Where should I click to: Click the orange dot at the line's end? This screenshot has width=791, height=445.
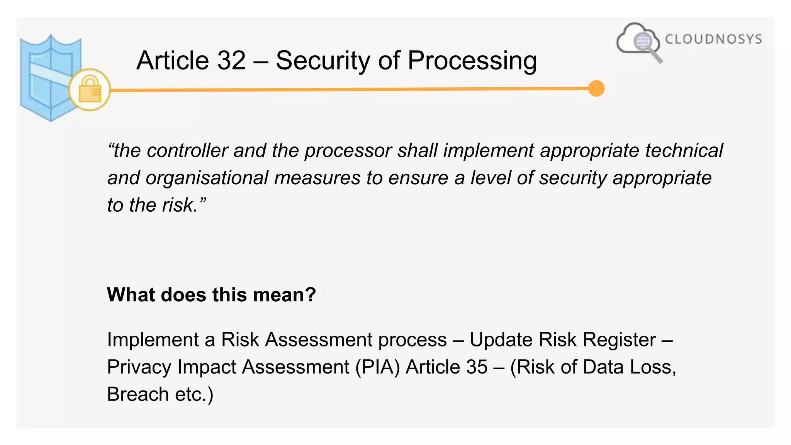(x=596, y=88)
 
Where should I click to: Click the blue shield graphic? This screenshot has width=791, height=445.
(x=46, y=77)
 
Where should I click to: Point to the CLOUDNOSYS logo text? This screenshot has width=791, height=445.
(x=713, y=39)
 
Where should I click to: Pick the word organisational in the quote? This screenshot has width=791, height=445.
(x=207, y=178)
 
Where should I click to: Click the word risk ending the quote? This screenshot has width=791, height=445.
(x=179, y=205)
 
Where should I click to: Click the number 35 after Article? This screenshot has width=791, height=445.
(x=477, y=367)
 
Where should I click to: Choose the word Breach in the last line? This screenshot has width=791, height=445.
(x=138, y=394)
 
